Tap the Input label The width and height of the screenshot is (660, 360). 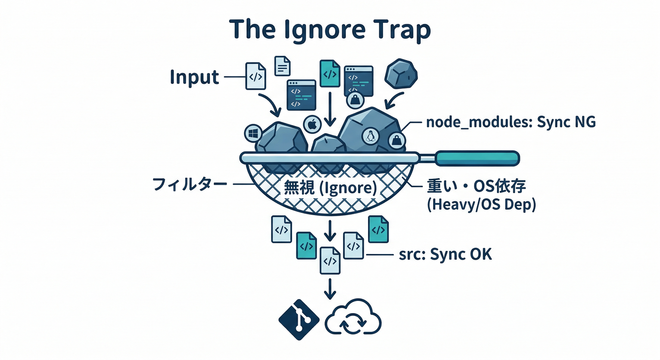(195, 77)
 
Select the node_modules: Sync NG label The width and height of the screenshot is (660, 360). (510, 123)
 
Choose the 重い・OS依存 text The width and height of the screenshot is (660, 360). (476, 187)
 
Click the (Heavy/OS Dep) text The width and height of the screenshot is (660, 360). (481, 205)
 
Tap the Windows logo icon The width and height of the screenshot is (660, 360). (253, 134)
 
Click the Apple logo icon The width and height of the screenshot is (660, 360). (311, 125)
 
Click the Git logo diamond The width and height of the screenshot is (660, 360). (299, 320)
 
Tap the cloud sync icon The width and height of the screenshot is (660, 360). (353, 320)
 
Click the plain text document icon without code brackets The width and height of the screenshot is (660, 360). (282, 66)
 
